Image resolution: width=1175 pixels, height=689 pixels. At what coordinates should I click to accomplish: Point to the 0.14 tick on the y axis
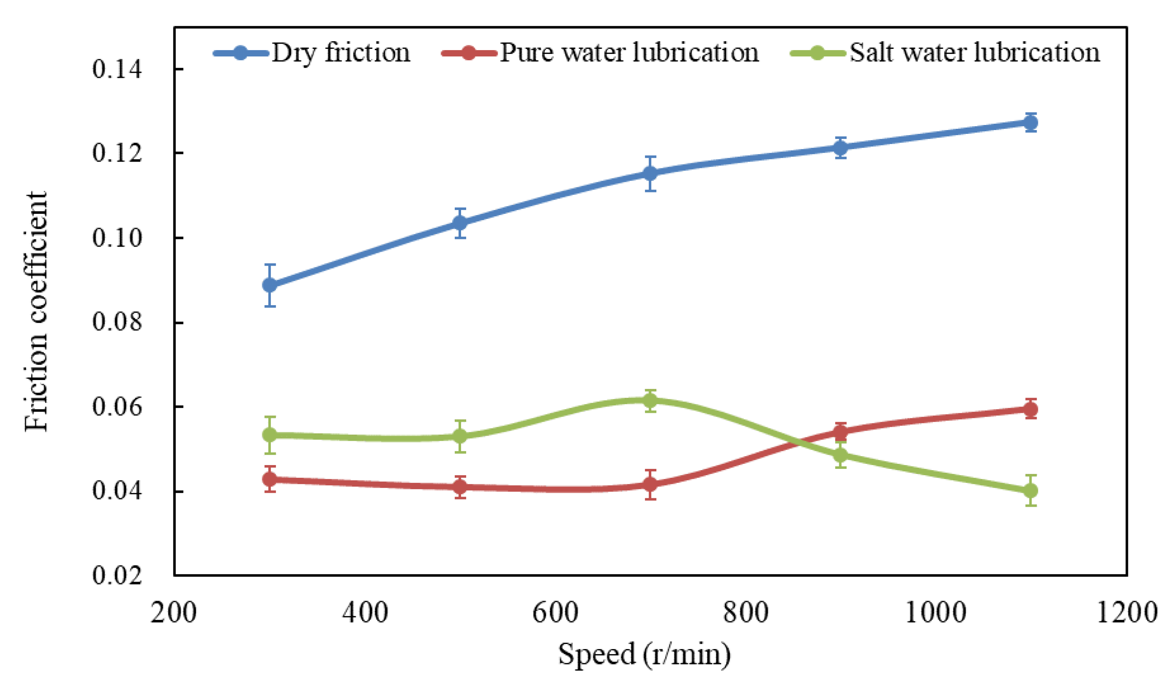click(117, 69)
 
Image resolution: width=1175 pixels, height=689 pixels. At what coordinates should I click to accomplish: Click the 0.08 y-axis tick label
click(117, 322)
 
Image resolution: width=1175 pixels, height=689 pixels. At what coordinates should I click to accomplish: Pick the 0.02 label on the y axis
click(117, 575)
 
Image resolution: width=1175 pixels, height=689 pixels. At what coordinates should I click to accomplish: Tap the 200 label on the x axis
click(173, 612)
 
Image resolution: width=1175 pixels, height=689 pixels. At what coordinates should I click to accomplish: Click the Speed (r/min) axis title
click(645, 654)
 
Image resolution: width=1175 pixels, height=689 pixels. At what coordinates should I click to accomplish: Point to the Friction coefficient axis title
click(36, 311)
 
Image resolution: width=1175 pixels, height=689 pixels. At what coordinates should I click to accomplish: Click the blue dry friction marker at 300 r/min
click(270, 285)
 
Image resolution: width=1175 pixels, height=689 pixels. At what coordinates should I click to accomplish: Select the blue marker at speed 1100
click(1030, 122)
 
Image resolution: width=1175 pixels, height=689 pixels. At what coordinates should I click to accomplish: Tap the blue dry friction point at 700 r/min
click(650, 173)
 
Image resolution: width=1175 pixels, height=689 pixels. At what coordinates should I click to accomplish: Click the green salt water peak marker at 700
click(650, 400)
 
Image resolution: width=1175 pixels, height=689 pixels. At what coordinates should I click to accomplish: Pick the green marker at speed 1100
click(1030, 491)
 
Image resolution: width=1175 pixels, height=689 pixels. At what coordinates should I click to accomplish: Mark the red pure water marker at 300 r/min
click(270, 479)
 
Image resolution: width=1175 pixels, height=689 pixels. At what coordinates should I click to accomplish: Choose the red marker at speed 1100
click(1030, 410)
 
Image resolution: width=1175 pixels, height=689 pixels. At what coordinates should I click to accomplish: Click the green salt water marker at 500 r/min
click(460, 436)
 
